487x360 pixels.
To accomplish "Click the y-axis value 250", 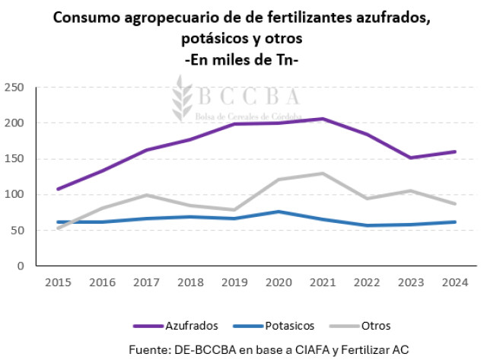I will click(14, 88).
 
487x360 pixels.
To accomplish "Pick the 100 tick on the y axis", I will click(14, 195).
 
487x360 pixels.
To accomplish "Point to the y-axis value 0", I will click(21, 266).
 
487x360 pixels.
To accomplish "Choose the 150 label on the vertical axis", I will click(14, 159).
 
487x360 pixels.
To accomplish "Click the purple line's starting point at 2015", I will click(58, 189).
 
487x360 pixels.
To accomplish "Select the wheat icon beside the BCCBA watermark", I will click(182, 99).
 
